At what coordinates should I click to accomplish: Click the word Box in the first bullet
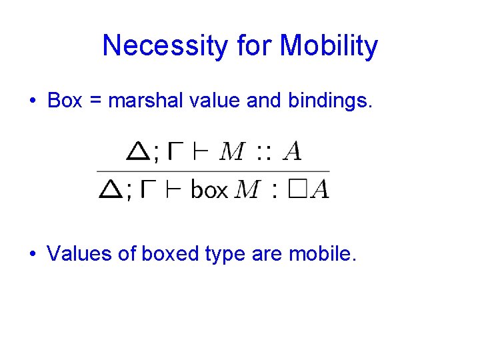[x=65, y=101]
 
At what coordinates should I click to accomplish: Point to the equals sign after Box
[x=95, y=101]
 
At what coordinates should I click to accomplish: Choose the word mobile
[x=322, y=253]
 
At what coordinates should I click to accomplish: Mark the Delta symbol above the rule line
[x=138, y=151]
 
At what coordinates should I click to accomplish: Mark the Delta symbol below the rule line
[x=110, y=190]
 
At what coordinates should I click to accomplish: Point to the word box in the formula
[x=209, y=190]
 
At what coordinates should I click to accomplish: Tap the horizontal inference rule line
[x=213, y=171]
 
